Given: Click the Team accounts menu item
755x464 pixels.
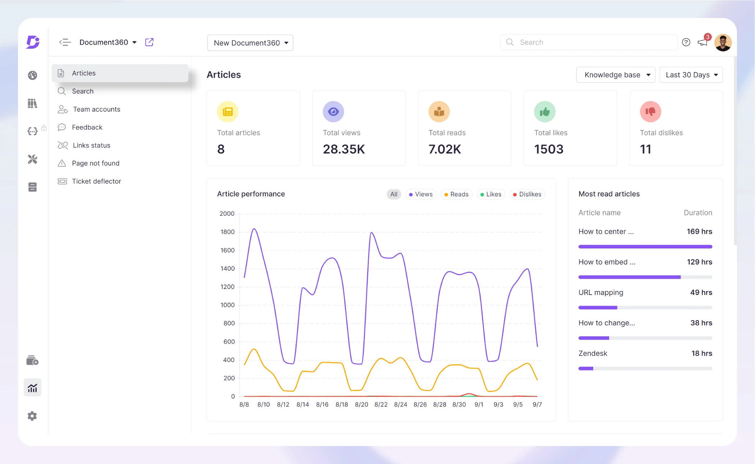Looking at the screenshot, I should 96,109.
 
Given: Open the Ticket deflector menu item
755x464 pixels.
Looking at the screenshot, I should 96,181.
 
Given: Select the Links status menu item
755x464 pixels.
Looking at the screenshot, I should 91,145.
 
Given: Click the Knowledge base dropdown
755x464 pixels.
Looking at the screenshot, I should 616,75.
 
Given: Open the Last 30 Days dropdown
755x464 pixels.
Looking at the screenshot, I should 691,75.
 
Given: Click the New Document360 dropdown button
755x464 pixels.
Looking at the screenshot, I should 250,43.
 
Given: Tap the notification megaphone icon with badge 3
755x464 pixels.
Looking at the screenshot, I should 702,42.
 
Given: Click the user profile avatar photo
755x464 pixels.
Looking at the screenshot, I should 723,42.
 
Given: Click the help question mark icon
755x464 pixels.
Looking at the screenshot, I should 686,42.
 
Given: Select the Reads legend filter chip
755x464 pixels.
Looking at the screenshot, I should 456,194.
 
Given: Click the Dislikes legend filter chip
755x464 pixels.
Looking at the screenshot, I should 527,194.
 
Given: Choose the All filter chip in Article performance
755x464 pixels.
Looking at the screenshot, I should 394,194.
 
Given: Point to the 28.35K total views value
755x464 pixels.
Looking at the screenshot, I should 344,149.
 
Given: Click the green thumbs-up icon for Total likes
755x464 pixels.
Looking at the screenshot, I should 545,112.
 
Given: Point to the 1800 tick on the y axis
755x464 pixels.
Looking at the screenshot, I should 227,232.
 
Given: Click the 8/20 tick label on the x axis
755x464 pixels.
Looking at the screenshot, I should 361,405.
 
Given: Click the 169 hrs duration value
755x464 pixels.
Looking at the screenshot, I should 699,232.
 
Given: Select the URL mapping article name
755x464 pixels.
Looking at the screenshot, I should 601,292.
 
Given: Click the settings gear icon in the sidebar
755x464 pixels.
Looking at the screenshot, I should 32,416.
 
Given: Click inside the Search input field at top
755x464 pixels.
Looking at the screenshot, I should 590,42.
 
